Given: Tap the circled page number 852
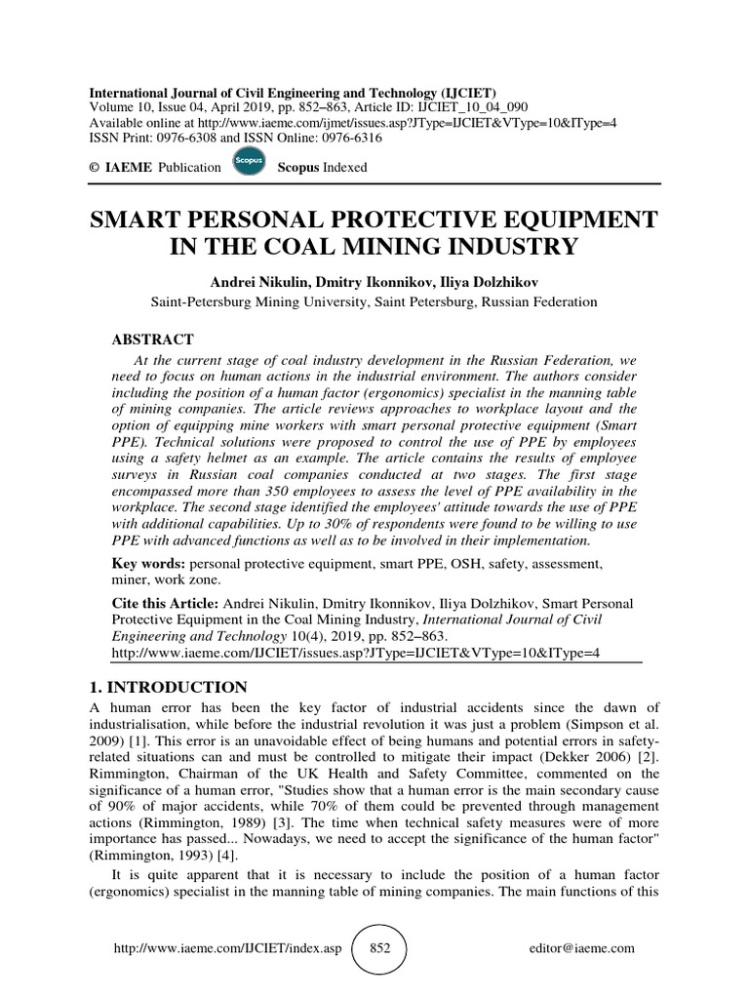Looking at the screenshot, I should point(378,949).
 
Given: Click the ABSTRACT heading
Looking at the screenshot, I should point(153,340).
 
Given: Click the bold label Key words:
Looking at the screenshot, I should point(148,565).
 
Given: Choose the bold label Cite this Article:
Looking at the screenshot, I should point(166,605).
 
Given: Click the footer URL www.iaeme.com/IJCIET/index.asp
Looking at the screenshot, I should point(228,949).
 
